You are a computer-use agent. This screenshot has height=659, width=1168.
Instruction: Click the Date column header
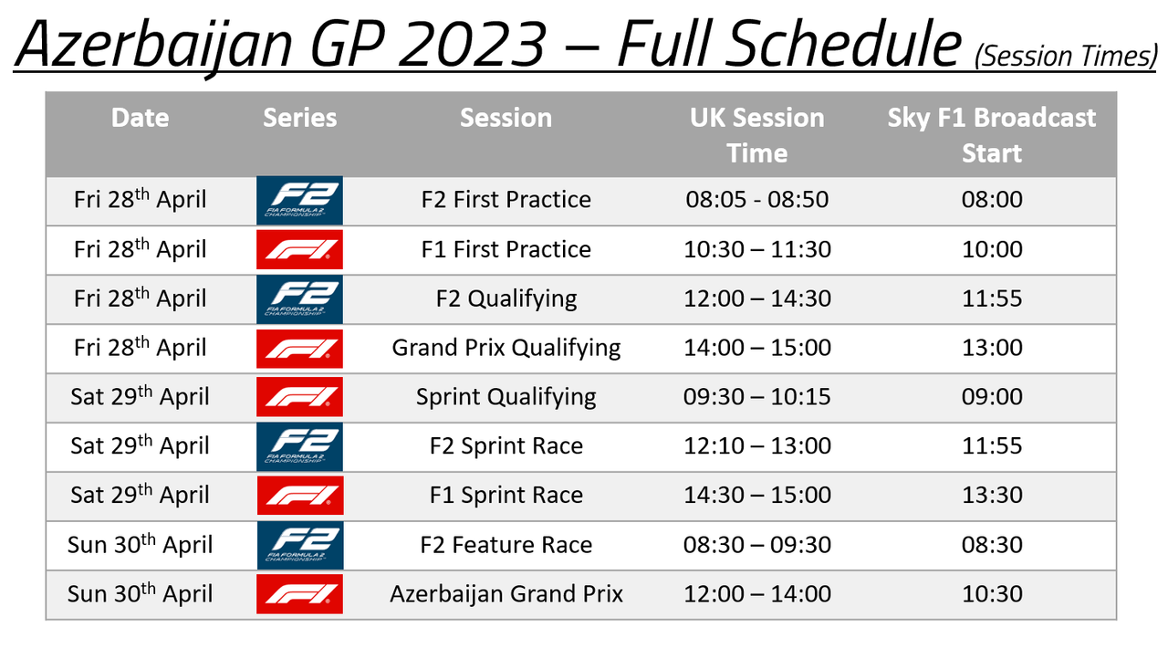[140, 118]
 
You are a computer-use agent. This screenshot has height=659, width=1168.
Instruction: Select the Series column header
[300, 118]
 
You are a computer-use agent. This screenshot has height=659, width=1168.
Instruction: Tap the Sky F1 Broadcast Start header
[992, 135]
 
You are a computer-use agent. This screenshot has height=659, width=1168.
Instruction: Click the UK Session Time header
[757, 135]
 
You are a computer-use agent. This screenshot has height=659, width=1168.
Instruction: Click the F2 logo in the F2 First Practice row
[300, 200]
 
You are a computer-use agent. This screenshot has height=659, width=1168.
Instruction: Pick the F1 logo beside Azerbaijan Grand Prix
[300, 594]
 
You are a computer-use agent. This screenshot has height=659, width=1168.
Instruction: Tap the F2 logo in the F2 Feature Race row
[300, 545]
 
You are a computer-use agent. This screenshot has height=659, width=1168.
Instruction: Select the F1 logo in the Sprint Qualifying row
[300, 397]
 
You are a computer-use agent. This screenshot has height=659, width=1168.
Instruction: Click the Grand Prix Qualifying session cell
[506, 349]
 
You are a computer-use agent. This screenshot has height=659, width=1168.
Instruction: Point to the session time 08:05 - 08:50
[757, 199]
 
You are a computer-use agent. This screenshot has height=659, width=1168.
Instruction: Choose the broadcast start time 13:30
[992, 495]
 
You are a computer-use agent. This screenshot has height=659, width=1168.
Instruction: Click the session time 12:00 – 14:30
[757, 298]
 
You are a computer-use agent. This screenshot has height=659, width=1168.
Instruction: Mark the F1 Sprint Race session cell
[506, 495]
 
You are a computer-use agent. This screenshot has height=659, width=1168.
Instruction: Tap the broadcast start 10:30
[992, 594]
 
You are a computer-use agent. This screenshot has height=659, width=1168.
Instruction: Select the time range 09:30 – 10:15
[757, 397]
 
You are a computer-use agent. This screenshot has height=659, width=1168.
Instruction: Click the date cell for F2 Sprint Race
[140, 445]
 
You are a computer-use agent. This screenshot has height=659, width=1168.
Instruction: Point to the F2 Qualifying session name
[506, 299]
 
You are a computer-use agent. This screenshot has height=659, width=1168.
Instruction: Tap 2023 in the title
[473, 45]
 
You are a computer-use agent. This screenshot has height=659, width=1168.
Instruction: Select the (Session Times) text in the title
[1066, 57]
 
